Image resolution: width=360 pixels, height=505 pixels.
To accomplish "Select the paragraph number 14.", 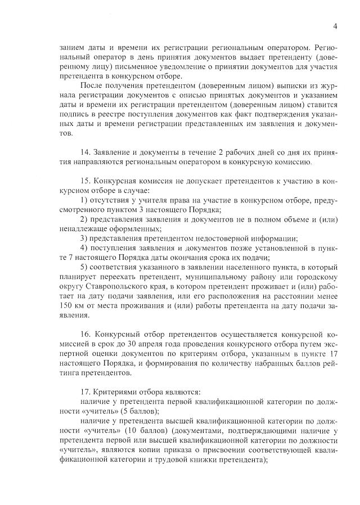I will (85, 152).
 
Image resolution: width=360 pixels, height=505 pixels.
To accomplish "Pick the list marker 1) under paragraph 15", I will (84, 200).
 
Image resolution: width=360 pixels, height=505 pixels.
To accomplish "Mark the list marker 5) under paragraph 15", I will (84, 267).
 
